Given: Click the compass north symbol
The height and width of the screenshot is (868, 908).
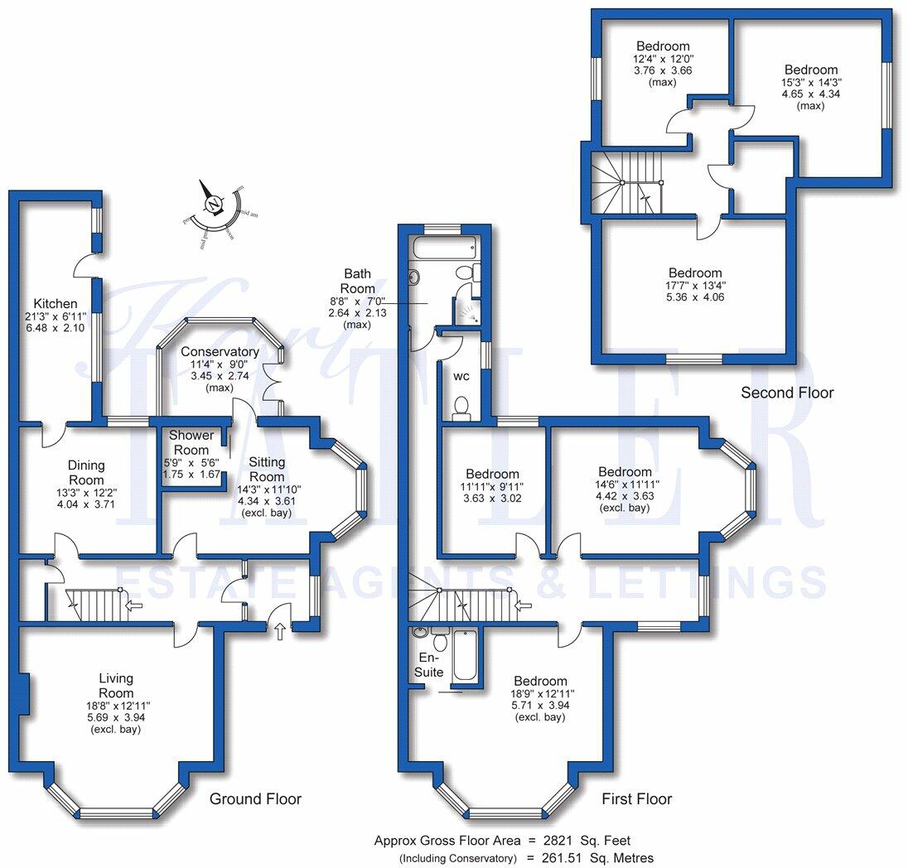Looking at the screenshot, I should (215, 204).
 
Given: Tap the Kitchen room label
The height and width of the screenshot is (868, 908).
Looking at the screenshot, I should (56, 304).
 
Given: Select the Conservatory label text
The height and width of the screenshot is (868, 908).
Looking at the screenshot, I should (220, 352).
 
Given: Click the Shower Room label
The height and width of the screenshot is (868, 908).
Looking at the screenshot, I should (191, 442).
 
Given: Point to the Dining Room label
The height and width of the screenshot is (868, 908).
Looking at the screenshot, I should (86, 473).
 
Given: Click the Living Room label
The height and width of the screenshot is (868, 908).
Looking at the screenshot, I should (115, 686).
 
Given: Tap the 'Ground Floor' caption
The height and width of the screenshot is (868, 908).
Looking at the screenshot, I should (255, 799).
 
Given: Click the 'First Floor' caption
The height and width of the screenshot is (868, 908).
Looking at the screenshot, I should (636, 799).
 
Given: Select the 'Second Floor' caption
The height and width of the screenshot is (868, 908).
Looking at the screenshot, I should (787, 393).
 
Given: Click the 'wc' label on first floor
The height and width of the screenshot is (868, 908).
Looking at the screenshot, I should (461, 376).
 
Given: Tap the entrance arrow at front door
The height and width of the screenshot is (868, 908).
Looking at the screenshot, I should (278, 632).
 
